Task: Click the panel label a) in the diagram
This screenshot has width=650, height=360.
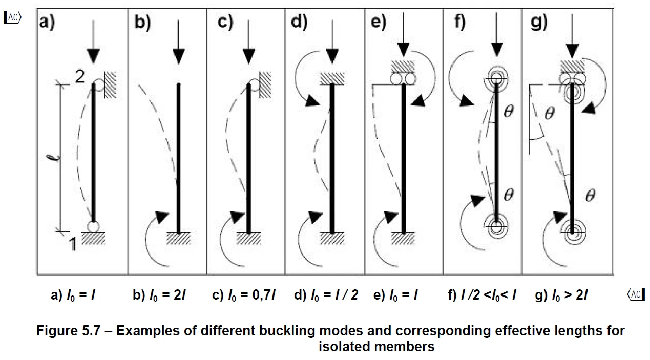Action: click(x=47, y=23)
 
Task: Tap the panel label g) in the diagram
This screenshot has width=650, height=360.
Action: click(x=539, y=23)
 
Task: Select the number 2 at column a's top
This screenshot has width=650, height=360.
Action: click(x=80, y=76)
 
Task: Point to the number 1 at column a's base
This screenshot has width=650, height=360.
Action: click(x=73, y=244)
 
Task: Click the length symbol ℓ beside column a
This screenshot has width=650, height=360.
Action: click(x=54, y=158)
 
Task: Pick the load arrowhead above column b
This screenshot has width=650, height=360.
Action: click(x=178, y=56)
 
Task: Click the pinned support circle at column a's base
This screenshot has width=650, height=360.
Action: click(x=93, y=226)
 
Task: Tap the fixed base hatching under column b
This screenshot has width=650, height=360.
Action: click(x=178, y=239)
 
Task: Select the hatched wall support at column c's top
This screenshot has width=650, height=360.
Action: click(x=265, y=84)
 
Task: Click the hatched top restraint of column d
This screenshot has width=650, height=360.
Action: click(x=332, y=78)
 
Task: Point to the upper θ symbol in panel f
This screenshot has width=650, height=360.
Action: click(x=509, y=111)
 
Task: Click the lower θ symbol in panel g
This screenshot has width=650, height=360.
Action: click(x=590, y=195)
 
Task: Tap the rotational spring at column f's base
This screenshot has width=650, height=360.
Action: click(x=496, y=226)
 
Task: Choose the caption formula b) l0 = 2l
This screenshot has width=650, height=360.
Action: click(x=159, y=295)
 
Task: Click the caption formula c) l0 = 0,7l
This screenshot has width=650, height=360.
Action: click(x=244, y=295)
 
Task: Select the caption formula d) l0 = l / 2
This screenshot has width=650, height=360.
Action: click(x=326, y=295)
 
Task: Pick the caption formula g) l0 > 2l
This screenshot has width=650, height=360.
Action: click(x=561, y=295)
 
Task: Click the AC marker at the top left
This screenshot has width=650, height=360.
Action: click(x=12, y=17)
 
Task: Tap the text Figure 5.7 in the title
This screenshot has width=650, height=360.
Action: click(x=69, y=331)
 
